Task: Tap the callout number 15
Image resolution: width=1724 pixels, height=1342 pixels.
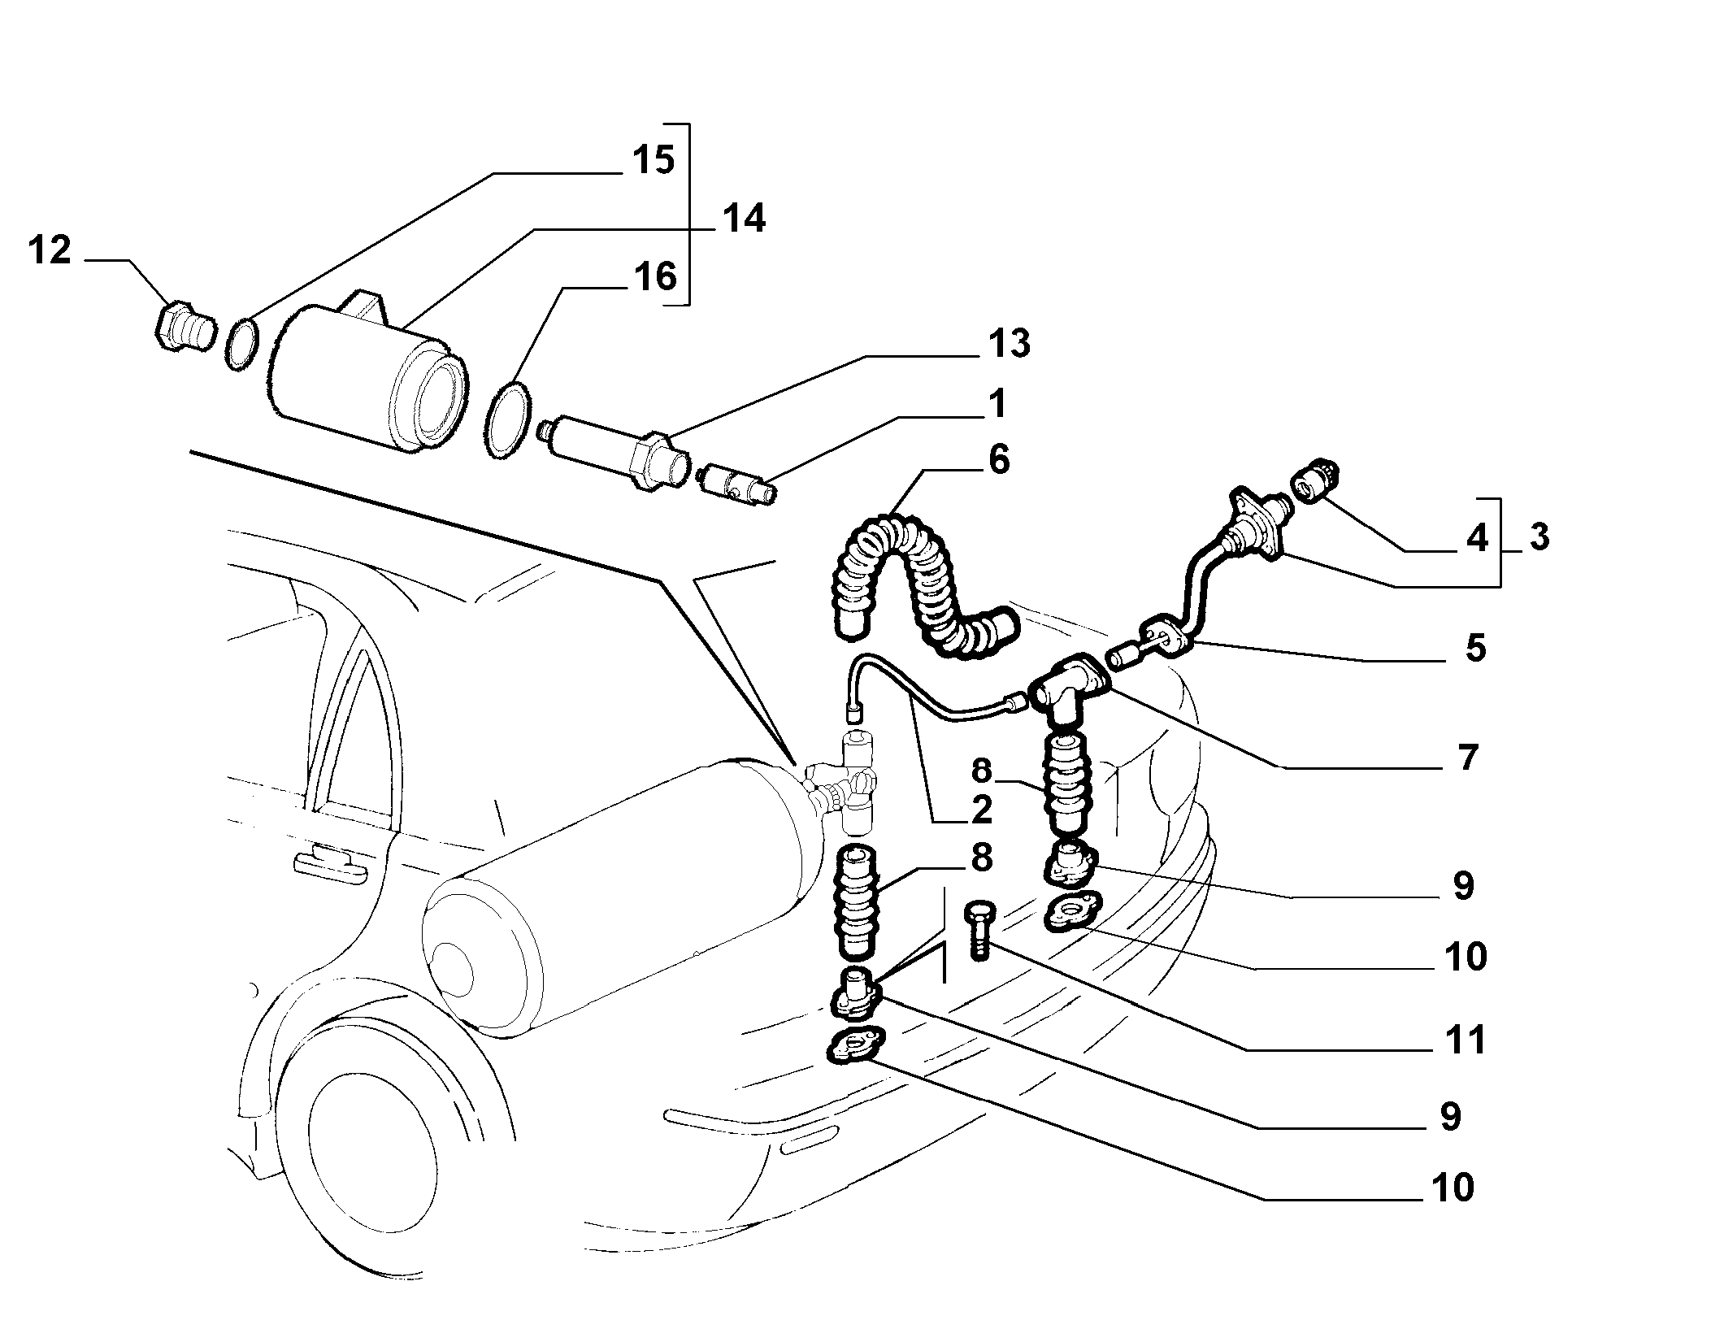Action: point(653,159)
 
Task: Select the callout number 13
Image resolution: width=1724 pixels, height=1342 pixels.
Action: point(1009,343)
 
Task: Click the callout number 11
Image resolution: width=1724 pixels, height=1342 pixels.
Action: point(1465,1040)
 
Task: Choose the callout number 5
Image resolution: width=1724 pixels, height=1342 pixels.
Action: point(1474,648)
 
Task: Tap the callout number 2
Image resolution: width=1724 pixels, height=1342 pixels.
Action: point(982,809)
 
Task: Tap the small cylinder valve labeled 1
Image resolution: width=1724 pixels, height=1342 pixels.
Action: point(736,484)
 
